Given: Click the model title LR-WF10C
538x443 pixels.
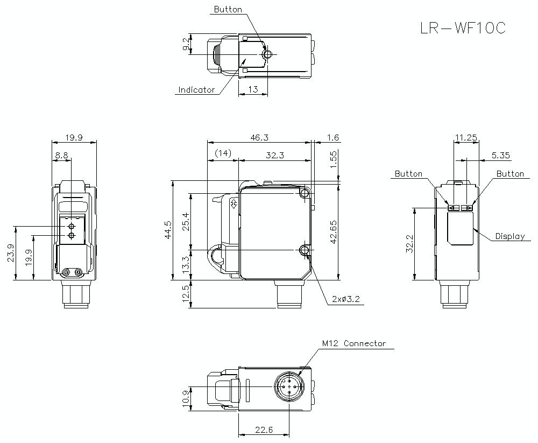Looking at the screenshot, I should pyautogui.click(x=463, y=28).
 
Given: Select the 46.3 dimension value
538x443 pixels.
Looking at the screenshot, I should pyautogui.click(x=259, y=138).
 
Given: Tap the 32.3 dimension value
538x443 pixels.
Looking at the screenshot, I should pyautogui.click(x=275, y=155).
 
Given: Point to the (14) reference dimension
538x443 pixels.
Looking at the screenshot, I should pyautogui.click(x=222, y=154).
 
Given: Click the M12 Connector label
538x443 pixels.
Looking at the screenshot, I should pyautogui.click(x=353, y=343).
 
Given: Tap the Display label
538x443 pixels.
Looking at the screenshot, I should pyautogui.click(x=509, y=236).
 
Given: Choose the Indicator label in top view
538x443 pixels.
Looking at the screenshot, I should pyautogui.click(x=196, y=90).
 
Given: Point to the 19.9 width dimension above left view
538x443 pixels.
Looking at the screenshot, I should pyautogui.click(x=74, y=138).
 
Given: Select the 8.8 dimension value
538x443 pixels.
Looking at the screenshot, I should pyautogui.click(x=61, y=155).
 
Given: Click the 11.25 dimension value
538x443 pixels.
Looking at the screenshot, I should pyautogui.click(x=465, y=138).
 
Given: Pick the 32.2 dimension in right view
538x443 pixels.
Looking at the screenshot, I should pyautogui.click(x=409, y=244).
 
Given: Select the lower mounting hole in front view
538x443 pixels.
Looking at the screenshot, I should pyautogui.click(x=305, y=250).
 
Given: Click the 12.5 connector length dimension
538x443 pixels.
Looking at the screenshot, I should pyautogui.click(x=186, y=294).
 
